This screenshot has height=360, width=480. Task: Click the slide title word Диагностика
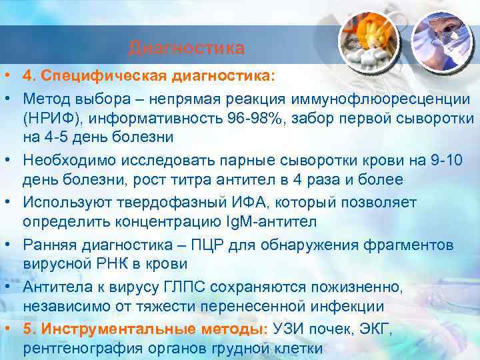187,48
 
